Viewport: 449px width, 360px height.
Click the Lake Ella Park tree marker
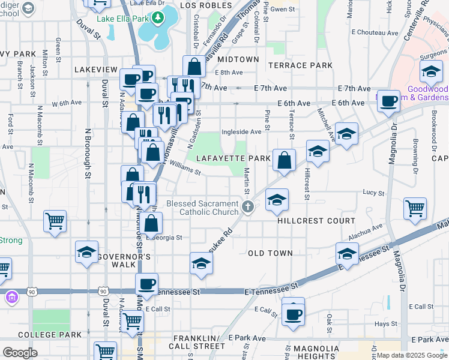tap(158, 18)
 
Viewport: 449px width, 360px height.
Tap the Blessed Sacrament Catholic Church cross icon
tap(249, 208)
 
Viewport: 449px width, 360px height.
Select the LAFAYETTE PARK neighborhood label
tap(230, 158)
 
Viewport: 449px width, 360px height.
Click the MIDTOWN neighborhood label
tap(238, 60)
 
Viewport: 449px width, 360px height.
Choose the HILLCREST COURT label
tap(316, 221)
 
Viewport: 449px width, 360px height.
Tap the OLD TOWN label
tap(270, 253)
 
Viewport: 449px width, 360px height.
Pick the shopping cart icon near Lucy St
tap(415, 209)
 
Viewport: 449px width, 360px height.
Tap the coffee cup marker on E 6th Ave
tap(389, 100)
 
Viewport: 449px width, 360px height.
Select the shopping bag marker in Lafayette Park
tap(285, 160)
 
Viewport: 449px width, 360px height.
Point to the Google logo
tap(20, 353)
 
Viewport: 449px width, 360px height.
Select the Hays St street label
tap(382, 324)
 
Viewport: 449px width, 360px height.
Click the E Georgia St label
tap(164, 238)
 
